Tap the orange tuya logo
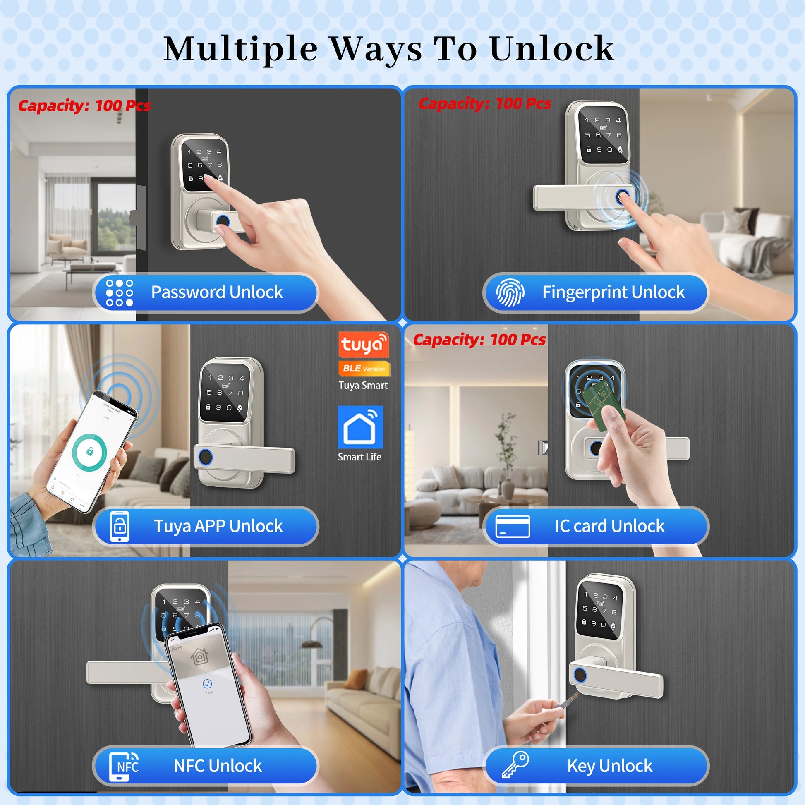(363, 344)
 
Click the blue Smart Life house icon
(360, 426)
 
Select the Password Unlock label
(217, 292)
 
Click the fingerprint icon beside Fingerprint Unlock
(510, 292)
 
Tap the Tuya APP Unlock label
(218, 526)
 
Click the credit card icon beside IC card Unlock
(513, 526)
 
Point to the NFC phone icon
(123, 766)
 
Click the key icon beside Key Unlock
(515, 764)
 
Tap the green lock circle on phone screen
(89, 452)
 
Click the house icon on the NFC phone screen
(199, 657)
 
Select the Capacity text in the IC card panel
(479, 340)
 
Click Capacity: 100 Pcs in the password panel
(84, 105)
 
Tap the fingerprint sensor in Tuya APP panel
(205, 457)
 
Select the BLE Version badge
(364, 368)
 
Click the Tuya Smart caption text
(363, 386)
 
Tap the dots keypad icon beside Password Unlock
(119, 292)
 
